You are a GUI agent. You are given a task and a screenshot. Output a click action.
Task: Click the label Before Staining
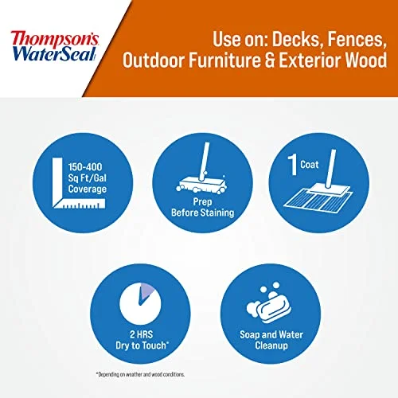[199, 213]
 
